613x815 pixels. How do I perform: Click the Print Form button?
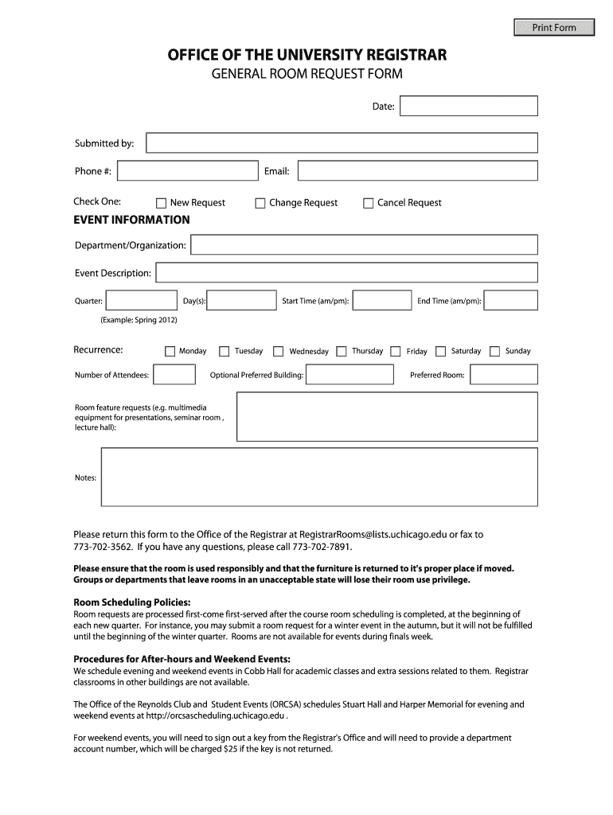click(x=554, y=28)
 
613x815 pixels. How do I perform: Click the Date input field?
click(x=469, y=106)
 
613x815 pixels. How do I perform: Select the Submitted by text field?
click(x=342, y=142)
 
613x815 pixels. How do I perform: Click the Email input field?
click(x=418, y=170)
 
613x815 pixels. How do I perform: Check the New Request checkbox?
click(x=162, y=203)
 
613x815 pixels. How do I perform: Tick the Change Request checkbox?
click(x=260, y=203)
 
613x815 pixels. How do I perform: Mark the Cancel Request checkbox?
click(x=369, y=203)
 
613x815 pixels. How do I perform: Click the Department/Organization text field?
click(x=365, y=244)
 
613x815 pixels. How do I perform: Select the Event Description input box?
click(x=346, y=273)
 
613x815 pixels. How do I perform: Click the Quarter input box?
click(x=142, y=300)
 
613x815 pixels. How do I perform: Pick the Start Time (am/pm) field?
click(x=382, y=300)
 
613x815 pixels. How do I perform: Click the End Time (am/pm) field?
click(x=510, y=300)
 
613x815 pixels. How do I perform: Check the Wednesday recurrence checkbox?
click(x=279, y=351)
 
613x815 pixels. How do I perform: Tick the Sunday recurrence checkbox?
click(x=495, y=351)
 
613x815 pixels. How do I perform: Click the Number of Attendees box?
click(x=174, y=374)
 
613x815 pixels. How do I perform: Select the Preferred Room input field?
click(x=504, y=374)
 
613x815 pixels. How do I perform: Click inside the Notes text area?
click(x=319, y=477)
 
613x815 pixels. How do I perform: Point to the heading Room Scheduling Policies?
click(x=132, y=602)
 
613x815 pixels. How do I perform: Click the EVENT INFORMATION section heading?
click(x=131, y=220)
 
